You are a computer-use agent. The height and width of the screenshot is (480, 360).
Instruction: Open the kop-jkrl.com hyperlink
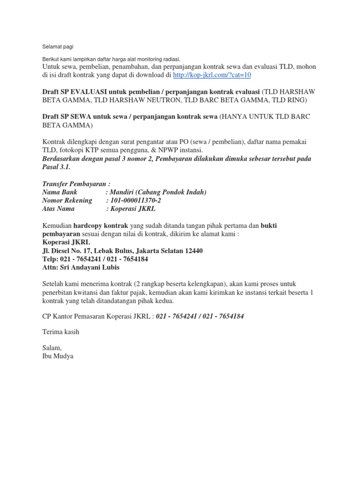pyautogui.click(x=212, y=75)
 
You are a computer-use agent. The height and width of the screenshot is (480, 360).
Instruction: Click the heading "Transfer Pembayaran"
pyautogui.click(x=75, y=184)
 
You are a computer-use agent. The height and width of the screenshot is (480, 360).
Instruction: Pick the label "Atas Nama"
pyautogui.click(x=58, y=209)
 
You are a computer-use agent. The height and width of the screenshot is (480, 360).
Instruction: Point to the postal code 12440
pyautogui.click(x=193, y=251)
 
